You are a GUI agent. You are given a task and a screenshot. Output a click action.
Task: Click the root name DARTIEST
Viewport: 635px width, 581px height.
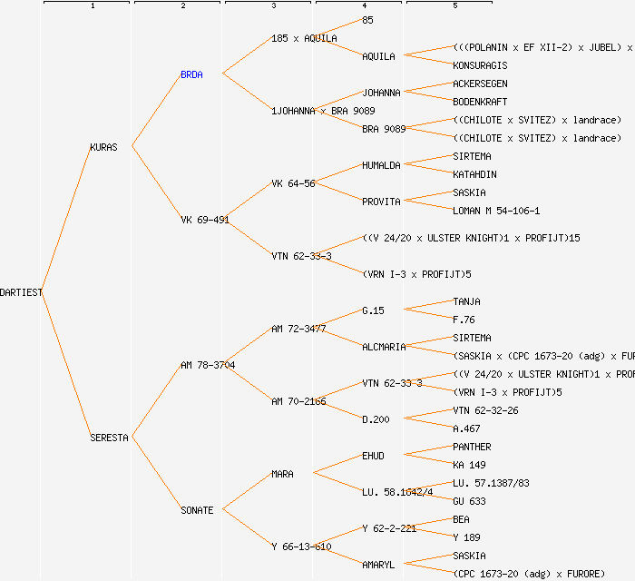21,292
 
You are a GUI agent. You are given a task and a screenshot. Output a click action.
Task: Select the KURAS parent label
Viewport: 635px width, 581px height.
103,147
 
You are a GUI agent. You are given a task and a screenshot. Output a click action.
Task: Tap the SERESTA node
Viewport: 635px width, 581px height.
109,438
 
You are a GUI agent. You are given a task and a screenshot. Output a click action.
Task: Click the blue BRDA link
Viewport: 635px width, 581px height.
191,74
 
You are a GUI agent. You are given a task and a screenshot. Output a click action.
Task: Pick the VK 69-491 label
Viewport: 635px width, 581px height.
204,220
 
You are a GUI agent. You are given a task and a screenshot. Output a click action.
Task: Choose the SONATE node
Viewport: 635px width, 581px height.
197,510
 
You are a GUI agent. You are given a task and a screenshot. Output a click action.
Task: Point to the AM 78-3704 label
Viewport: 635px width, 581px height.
208,365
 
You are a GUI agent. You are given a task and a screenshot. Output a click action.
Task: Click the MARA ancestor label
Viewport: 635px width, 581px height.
282,474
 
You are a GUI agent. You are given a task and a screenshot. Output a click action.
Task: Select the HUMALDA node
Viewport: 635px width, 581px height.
381,165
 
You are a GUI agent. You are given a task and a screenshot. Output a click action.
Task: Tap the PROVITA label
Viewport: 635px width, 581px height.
381,202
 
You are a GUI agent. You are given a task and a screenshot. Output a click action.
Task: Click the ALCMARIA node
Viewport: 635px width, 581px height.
384,347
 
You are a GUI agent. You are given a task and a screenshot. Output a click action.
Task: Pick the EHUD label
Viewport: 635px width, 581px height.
373,456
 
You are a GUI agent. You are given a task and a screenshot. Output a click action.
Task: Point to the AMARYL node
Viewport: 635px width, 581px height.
378,565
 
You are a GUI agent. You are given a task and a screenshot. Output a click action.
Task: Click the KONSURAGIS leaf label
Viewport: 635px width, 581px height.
480,65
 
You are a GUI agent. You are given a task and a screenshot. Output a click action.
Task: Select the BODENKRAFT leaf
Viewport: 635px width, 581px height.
480,102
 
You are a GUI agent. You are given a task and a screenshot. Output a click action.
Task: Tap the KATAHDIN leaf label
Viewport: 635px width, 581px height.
474,174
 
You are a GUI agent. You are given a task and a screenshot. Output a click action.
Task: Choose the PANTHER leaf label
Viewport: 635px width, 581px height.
472,447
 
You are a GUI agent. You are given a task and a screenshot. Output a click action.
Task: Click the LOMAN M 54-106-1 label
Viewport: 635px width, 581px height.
496,211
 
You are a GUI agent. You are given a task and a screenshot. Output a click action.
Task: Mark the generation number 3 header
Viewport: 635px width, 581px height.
273,6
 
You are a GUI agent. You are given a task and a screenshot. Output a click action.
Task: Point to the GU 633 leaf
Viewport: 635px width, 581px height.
469,501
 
